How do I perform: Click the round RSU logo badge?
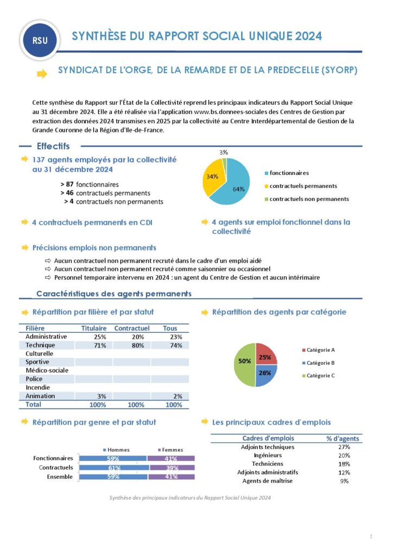coord(40,40)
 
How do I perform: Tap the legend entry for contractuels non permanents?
coord(309,199)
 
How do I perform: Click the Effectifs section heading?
coord(53,147)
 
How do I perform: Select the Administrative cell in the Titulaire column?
coord(93,337)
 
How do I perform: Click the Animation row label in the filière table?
coord(40,396)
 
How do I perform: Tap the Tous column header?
coord(170,328)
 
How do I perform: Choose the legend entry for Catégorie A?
coord(320,350)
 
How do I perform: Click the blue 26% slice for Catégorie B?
coord(266,375)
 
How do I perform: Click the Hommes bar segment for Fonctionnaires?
coord(113,458)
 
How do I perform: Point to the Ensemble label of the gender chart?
coord(60,477)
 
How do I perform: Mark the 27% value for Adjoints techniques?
coord(344,447)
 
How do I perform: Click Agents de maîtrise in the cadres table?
coord(267,481)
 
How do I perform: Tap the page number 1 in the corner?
coord(371,536)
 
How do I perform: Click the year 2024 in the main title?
coord(309,36)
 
